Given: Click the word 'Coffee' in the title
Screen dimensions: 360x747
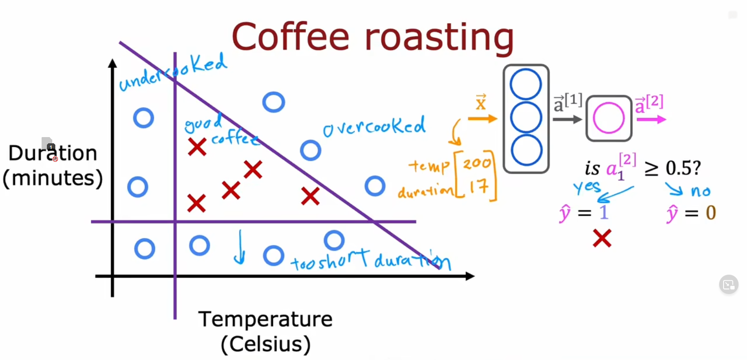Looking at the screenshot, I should [x=290, y=37].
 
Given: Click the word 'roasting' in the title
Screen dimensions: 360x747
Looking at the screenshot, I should [x=439, y=38].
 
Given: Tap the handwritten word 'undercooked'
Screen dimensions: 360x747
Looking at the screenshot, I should [x=173, y=73].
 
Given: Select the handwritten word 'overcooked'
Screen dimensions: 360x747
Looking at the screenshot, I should [x=374, y=127].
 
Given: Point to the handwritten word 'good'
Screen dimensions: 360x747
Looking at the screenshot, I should [x=203, y=123].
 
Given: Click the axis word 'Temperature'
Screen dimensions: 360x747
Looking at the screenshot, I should [x=265, y=319].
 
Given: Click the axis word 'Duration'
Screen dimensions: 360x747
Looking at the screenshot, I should [x=53, y=153].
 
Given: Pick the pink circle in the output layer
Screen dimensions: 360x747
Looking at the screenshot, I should [x=608, y=118].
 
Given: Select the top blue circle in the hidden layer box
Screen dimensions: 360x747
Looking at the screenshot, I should [x=526, y=84].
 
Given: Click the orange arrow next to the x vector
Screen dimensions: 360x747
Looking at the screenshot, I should [x=482, y=119].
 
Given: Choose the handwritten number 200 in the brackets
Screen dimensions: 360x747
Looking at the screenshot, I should [x=477, y=164].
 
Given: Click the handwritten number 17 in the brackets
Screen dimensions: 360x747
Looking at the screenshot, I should [x=478, y=187].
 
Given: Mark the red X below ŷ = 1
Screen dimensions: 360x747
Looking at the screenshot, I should [x=602, y=238].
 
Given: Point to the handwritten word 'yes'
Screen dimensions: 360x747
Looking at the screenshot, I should [x=587, y=187].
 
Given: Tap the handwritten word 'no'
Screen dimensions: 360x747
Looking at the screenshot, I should [x=701, y=191].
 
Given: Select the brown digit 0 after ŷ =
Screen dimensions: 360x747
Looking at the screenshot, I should [x=711, y=213].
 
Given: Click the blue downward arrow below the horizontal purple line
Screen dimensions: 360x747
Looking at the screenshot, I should [x=239, y=248].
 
